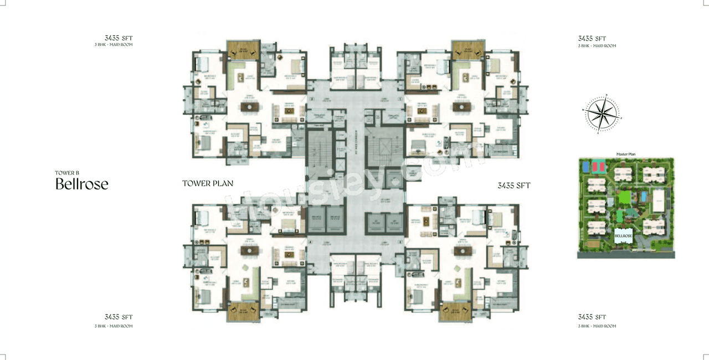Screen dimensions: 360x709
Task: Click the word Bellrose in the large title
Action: coord(81,184)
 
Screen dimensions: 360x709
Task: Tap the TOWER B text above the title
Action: coord(67,173)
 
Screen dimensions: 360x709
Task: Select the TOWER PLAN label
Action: coord(208,183)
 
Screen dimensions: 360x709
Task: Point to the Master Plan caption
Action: coord(625,154)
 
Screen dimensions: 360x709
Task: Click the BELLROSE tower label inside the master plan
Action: coord(623,235)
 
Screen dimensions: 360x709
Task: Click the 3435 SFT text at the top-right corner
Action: coord(592,38)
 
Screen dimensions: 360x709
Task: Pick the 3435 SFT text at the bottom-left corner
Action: coord(119,317)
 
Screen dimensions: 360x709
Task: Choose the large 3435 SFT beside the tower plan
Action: coord(513,186)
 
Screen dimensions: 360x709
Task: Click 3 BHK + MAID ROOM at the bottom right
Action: coord(597,326)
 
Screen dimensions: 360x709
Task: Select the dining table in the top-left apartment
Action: coord(249,106)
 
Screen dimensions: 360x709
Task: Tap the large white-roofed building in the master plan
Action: coord(659,201)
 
